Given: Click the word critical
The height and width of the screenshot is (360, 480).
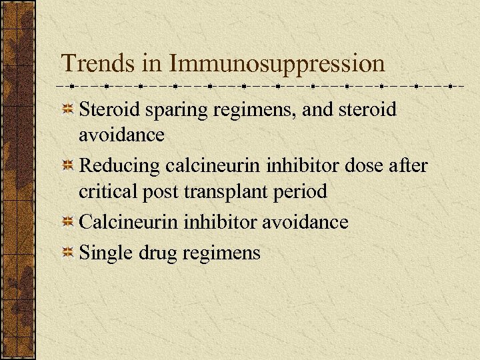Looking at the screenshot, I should coord(103,192).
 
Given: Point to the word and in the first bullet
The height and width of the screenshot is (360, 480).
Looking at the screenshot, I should coord(317,109).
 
